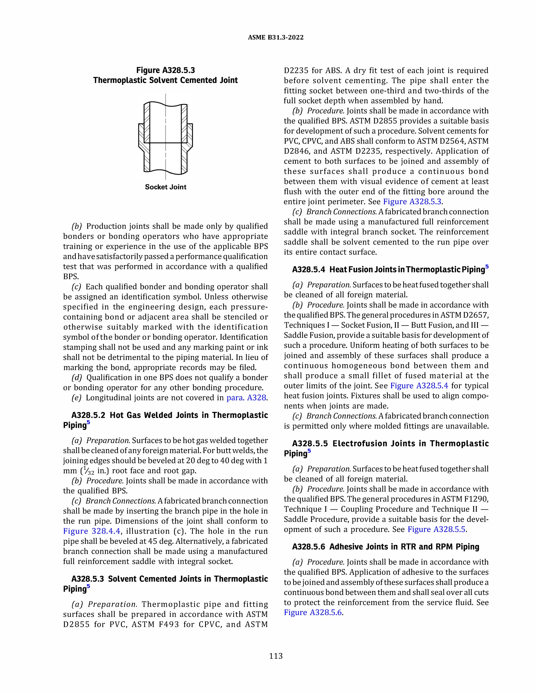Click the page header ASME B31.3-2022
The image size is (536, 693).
click(x=275, y=37)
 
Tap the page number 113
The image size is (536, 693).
click(x=276, y=656)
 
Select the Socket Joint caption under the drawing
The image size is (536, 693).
click(x=165, y=187)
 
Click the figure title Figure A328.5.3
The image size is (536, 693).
click(x=165, y=70)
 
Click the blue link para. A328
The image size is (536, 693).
click(x=246, y=397)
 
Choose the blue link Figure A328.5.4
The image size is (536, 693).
click(x=419, y=385)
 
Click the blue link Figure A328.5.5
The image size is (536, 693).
click(x=437, y=529)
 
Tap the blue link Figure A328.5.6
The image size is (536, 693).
click(x=312, y=612)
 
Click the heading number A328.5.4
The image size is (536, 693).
click(x=308, y=270)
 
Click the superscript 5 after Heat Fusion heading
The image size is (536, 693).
click(x=487, y=266)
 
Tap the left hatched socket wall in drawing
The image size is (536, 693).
click(x=142, y=137)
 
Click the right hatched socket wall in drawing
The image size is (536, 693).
click(x=189, y=137)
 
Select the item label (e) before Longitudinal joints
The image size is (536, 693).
click(x=76, y=397)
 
